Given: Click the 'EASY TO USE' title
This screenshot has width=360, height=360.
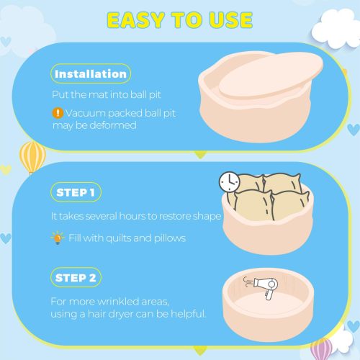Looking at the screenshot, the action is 180,20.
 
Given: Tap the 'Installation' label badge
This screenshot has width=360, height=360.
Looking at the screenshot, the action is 91,73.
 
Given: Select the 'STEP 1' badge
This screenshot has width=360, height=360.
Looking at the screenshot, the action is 76,192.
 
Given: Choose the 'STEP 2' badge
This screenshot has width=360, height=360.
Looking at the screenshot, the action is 76,277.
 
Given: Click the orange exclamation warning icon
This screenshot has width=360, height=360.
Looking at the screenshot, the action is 58,113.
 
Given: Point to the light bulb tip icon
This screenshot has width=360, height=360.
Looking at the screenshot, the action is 58,238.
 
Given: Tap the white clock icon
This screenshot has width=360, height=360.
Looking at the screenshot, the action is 230,182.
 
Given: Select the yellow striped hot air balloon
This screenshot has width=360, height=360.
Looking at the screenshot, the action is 32,157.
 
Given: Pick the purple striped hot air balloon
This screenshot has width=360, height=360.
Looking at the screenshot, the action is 321,348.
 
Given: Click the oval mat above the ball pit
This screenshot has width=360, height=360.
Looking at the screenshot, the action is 271,75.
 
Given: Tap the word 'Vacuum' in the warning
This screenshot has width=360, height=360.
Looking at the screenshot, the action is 86,113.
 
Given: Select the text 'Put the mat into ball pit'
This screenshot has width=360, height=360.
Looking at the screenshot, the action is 107,94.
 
